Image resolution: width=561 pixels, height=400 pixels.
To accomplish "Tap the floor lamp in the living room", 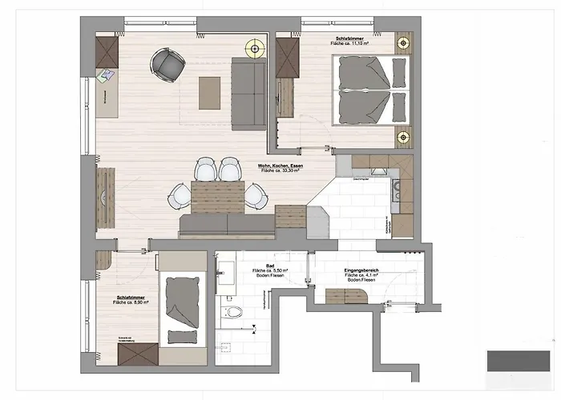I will click(x=256, y=48).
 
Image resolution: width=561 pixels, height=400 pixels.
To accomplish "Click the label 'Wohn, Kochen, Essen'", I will click(x=279, y=166).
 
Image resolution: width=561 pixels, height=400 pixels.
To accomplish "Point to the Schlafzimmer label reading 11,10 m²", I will click(x=351, y=42).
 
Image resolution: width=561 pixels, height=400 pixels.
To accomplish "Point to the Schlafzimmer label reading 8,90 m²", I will click(x=128, y=299).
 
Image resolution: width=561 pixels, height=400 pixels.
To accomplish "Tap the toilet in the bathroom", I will click(x=233, y=311).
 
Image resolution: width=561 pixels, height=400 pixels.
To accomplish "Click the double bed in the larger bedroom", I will click(x=369, y=91).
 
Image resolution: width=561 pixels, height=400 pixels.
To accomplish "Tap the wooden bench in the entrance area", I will click(x=346, y=295).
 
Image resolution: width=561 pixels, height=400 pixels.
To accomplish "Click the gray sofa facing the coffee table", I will click(x=250, y=94).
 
